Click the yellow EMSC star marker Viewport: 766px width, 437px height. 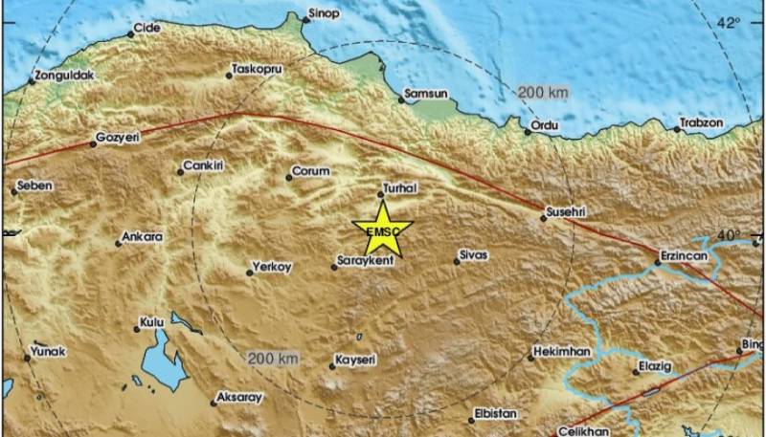pyautogui.click(x=382, y=229)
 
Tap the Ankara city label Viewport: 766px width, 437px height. pyautogui.click(x=143, y=237)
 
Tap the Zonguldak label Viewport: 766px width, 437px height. pyautogui.click(x=62, y=76)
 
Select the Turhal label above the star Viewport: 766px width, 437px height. pyautogui.click(x=399, y=188)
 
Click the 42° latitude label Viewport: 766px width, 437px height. pyautogui.click(x=730, y=22)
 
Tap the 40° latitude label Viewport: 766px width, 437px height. pyautogui.click(x=730, y=234)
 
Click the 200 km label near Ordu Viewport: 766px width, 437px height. pyautogui.click(x=543, y=93)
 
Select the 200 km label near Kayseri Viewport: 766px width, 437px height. pyautogui.click(x=273, y=358)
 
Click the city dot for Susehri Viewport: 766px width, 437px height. pyautogui.click(x=544, y=219)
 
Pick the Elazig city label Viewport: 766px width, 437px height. pyautogui.click(x=657, y=366)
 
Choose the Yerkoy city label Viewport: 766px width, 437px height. pyautogui.click(x=271, y=268)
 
